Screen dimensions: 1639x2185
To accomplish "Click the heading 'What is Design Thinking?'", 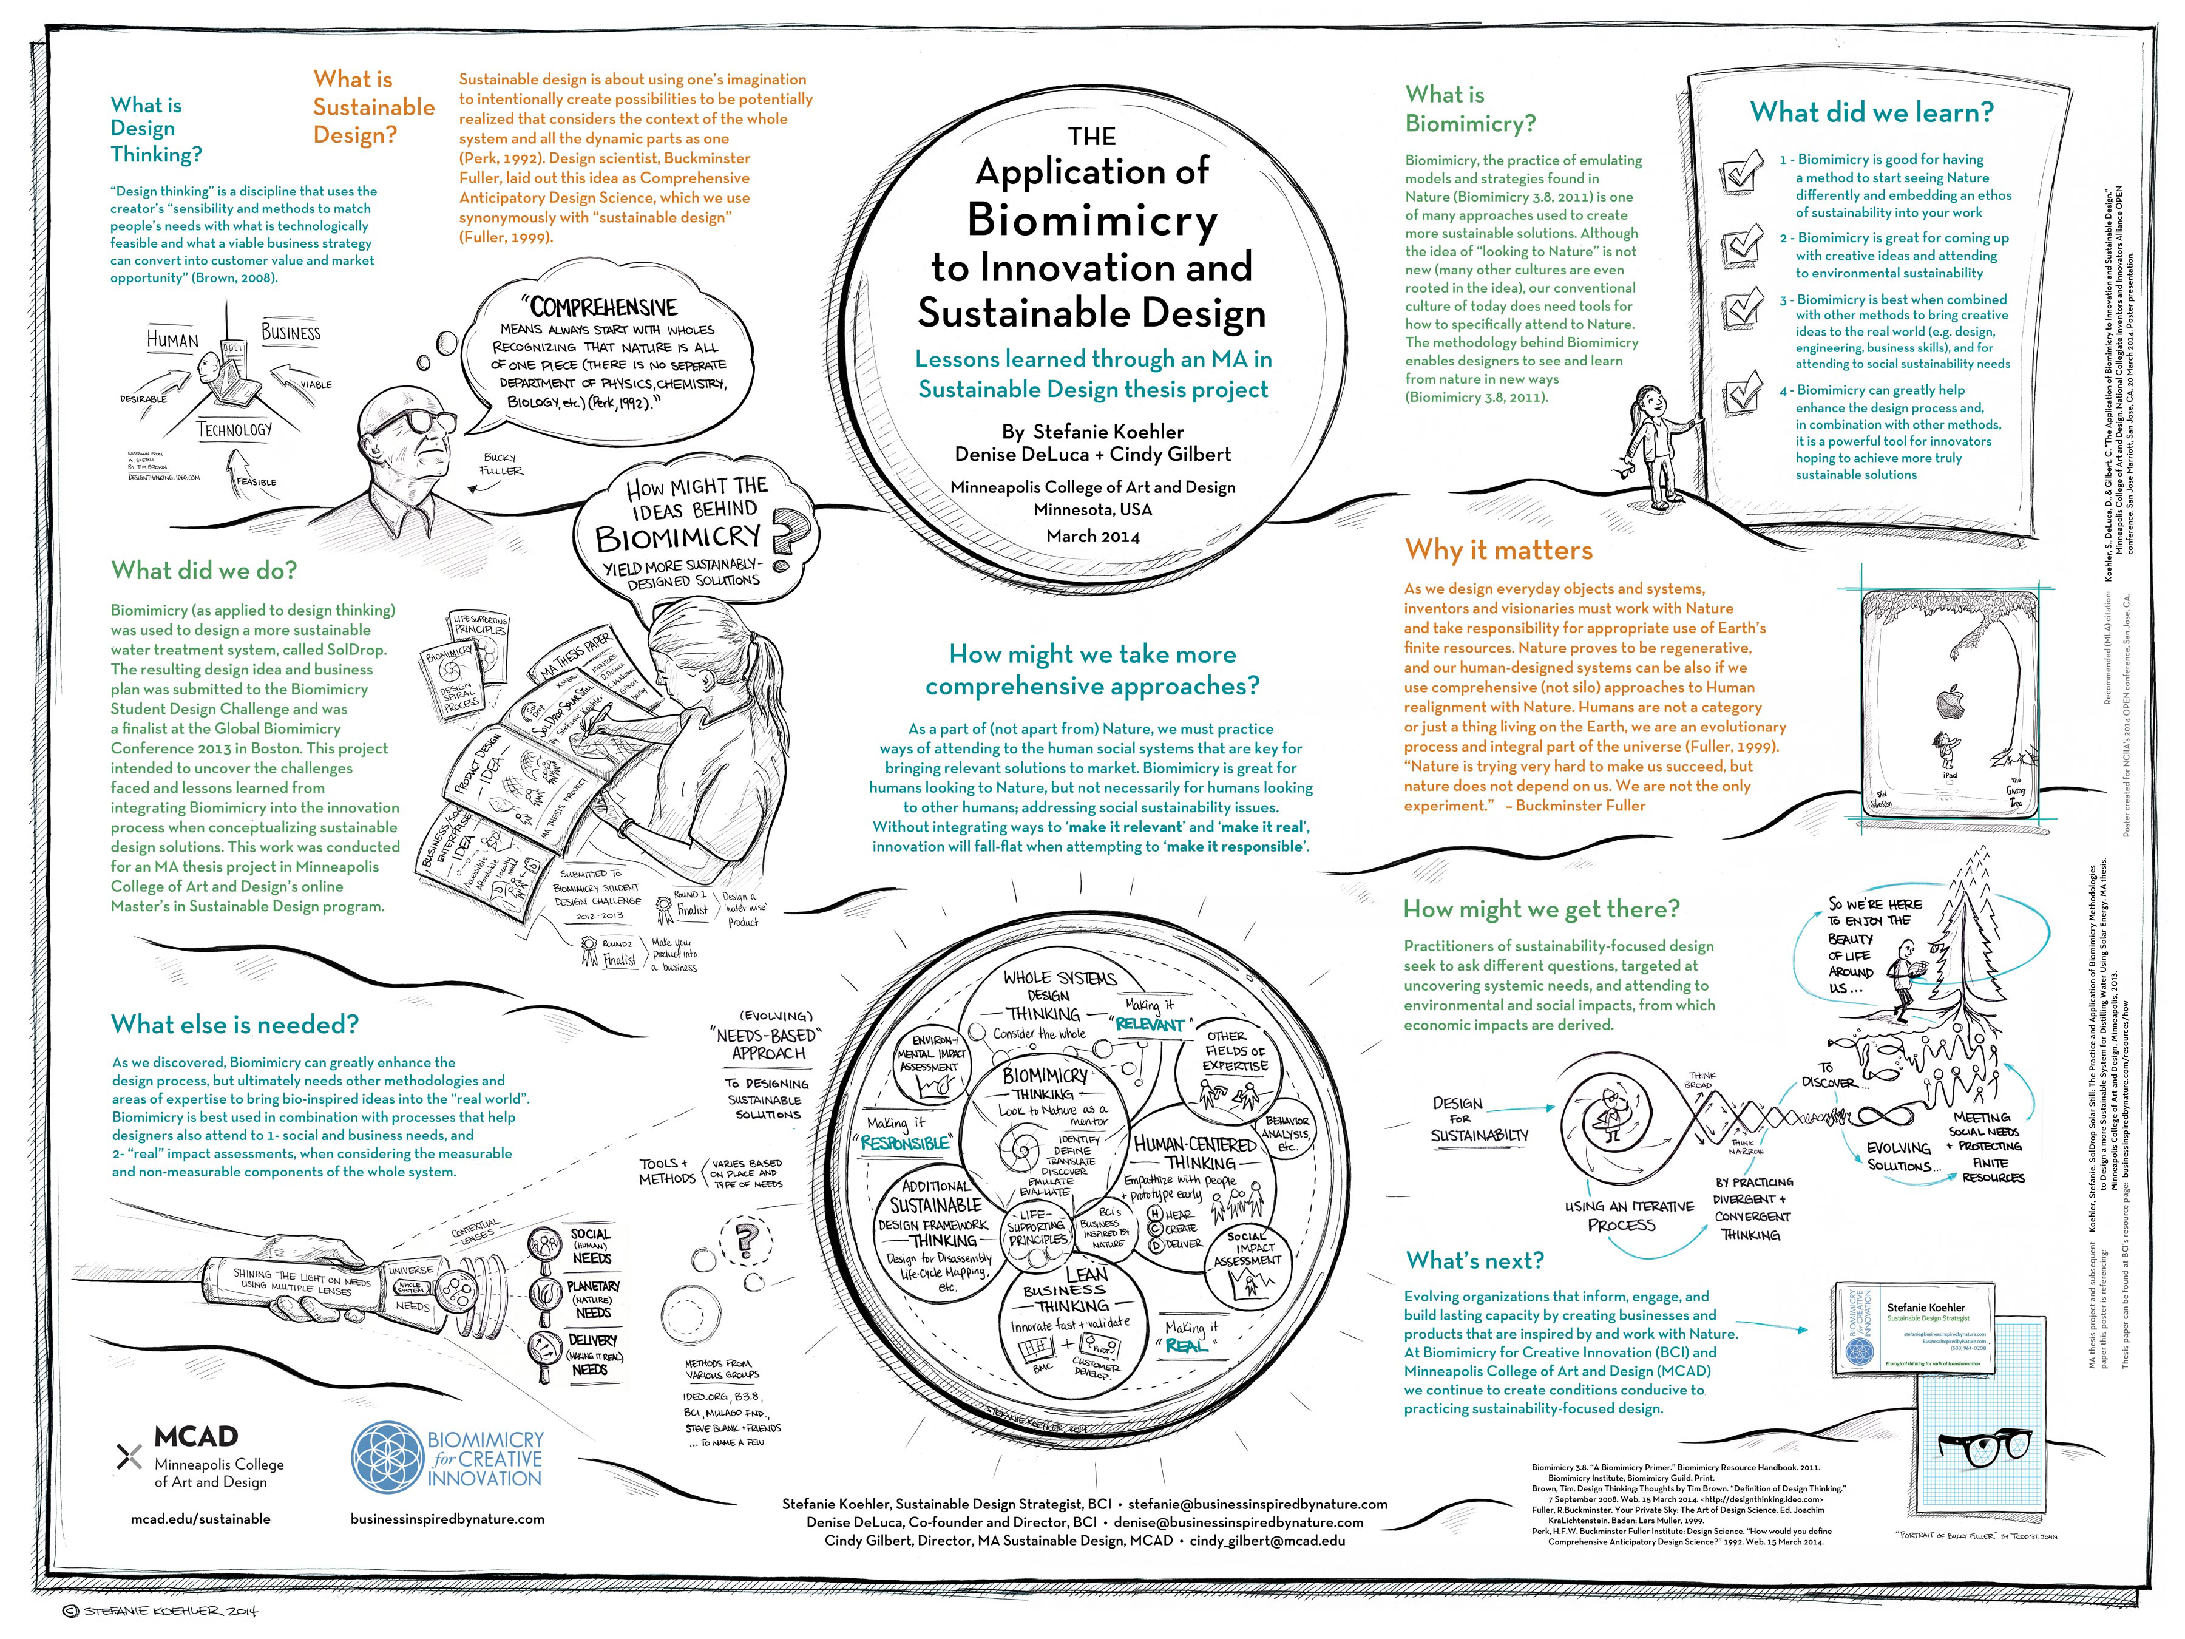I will [156, 129].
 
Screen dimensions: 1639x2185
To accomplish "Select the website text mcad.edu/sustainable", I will [200, 1518].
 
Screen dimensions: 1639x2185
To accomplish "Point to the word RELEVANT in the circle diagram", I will [1149, 1025].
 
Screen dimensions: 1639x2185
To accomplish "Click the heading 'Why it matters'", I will [1499, 551].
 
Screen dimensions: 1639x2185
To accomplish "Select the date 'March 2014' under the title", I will [1092, 537].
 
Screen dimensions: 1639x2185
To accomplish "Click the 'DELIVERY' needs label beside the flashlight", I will [592, 1340].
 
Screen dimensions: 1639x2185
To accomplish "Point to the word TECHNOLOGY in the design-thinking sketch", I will [234, 430].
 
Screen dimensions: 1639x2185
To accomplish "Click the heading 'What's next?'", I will [1474, 1261].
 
